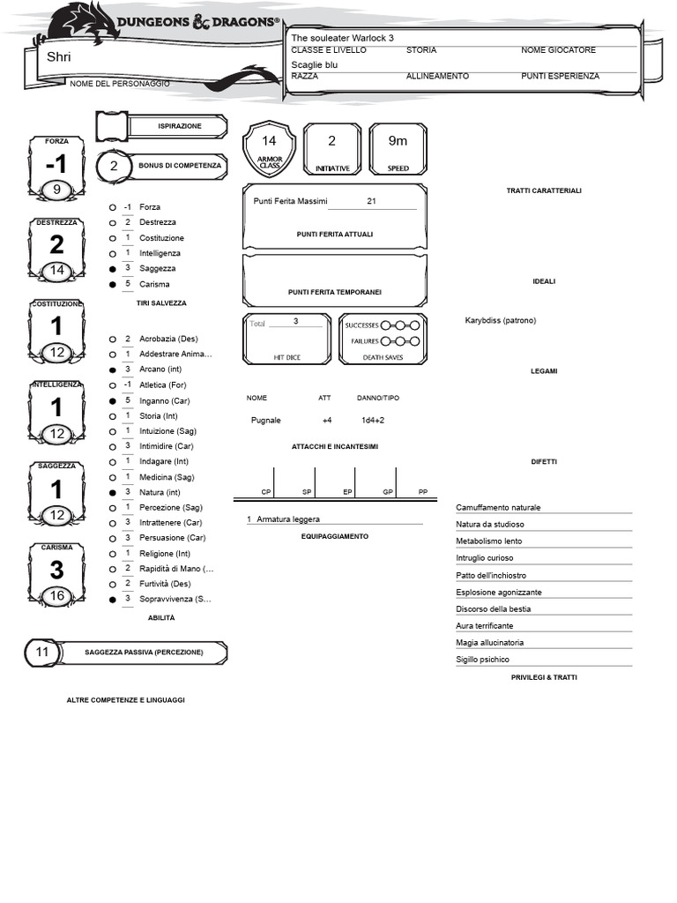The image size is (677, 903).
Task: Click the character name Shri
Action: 59,57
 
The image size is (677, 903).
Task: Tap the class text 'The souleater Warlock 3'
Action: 342,39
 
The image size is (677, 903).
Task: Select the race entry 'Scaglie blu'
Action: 315,64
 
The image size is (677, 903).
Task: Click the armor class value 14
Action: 269,141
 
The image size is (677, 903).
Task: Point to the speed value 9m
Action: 398,141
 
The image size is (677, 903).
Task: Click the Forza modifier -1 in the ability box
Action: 56,165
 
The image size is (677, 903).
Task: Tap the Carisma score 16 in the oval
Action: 57,596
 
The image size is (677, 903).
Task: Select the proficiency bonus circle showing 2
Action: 113,166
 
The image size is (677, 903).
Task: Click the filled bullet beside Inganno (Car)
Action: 112,401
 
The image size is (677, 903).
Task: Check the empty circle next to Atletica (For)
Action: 112,385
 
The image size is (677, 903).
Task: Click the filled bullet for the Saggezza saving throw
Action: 112,268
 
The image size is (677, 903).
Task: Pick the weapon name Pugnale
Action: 266,421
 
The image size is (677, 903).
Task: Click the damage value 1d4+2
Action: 373,421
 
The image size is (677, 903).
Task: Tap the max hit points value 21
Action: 371,201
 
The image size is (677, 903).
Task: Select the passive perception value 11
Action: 42,652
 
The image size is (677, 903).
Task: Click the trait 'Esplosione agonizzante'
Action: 499,593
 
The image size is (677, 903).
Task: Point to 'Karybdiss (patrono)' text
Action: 500,320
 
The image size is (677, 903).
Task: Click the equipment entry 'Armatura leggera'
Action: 288,519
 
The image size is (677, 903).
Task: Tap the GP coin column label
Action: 387,491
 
